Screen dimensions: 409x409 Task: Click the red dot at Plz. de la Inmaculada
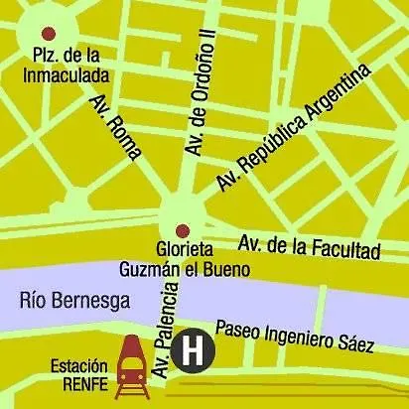tap(50, 35)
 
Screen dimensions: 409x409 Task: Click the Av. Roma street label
tap(116, 127)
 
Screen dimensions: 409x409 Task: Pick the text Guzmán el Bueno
tap(182, 269)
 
